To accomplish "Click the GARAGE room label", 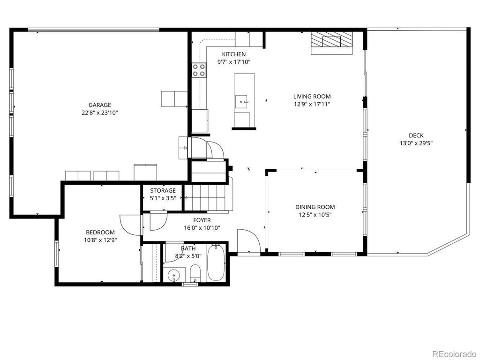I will coord(100,105).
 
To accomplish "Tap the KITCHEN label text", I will coord(233,54).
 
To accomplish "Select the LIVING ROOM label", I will coord(312,97).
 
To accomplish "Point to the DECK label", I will coord(416,135).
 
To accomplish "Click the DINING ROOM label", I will coord(315,207).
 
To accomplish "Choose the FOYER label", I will coord(202,220).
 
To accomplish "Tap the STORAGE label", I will coord(163,191).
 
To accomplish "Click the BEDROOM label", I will coord(100,232).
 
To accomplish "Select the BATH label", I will coord(188,248).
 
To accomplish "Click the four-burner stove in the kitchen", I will coord(199,70).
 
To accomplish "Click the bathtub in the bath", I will coord(216,263).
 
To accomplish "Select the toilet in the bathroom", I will coord(195,273).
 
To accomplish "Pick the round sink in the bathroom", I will coord(174,275).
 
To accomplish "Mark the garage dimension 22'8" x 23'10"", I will coord(100,113).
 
